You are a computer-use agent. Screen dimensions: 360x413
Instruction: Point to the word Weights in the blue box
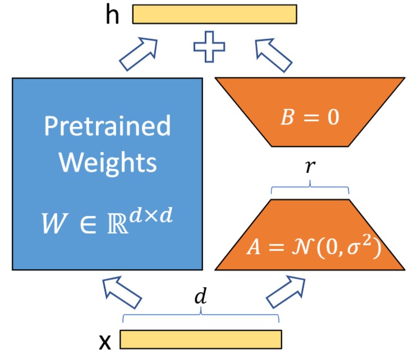click(107, 163)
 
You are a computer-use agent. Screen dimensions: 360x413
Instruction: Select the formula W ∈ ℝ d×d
click(107, 219)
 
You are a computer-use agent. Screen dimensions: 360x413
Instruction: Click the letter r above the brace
click(310, 168)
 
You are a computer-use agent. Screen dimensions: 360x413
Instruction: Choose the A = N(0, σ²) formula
click(310, 247)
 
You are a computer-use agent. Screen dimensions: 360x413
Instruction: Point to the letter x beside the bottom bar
click(105, 340)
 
